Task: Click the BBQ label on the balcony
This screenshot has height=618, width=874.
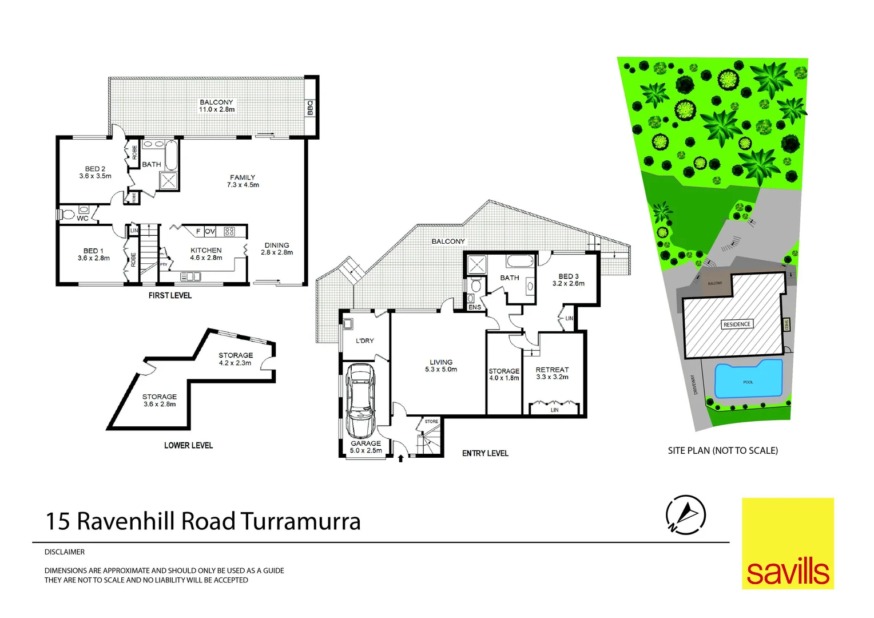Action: coord(310,108)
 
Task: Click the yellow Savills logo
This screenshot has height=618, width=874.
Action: coord(788,543)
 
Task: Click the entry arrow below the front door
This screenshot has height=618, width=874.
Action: coord(400,457)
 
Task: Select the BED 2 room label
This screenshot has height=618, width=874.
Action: coord(95,172)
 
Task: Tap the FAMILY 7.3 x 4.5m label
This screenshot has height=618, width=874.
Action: coord(243,181)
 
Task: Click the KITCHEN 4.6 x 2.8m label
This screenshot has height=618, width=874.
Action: coord(206,253)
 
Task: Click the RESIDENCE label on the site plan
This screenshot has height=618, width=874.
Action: coord(737,324)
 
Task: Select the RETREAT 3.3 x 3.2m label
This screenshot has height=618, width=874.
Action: coord(552,373)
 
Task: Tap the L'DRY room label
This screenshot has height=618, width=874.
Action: coord(364,340)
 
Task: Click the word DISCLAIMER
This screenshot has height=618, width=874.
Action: coord(65,552)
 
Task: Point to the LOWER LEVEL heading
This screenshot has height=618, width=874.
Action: coord(188,445)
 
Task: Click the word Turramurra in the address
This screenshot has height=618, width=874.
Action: coord(300,521)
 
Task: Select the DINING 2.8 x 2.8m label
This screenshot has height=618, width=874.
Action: coord(277,248)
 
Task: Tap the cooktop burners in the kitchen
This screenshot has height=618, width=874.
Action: coord(229,232)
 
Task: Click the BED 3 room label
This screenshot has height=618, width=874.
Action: coord(569,279)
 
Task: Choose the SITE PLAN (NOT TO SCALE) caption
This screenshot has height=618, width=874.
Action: coord(722,450)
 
